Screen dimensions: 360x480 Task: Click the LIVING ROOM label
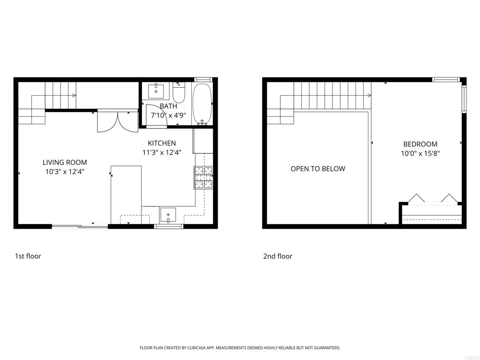tap(65, 162)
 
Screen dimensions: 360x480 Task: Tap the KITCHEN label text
tap(162, 143)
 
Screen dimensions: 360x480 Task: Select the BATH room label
tap(168, 106)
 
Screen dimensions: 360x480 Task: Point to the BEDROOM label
tap(420, 144)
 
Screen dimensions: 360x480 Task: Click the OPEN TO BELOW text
tap(318, 169)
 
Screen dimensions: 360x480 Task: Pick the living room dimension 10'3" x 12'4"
tap(65, 172)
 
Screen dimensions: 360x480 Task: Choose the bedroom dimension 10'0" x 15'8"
tap(420, 153)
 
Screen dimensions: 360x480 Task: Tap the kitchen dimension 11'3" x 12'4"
tap(162, 152)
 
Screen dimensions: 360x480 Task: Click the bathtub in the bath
tap(202, 104)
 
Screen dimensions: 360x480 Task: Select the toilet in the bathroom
tap(179, 93)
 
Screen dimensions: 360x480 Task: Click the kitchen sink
tap(168, 215)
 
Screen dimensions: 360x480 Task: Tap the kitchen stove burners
tap(203, 178)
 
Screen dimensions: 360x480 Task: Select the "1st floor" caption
tap(28, 256)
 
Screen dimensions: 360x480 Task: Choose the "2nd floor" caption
tap(277, 256)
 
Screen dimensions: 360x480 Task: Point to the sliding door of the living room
tap(80, 227)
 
